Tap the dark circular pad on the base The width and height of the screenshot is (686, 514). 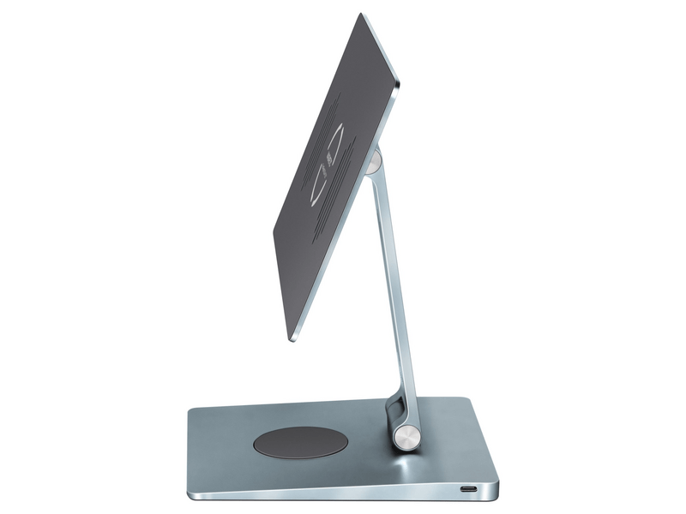[301, 441]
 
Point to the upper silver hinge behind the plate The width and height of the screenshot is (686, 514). [374, 161]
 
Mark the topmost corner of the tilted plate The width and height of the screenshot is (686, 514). [361, 14]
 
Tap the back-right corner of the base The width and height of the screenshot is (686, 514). [466, 398]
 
